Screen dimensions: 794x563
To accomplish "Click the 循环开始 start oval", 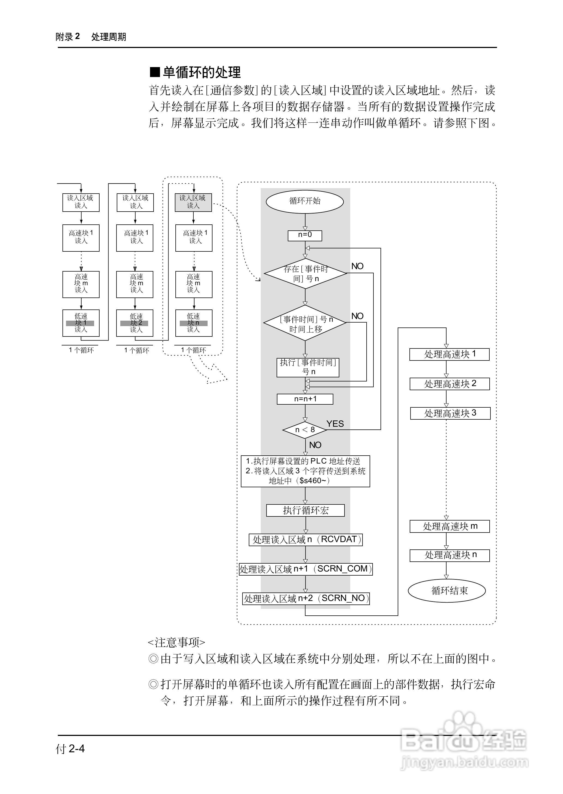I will tap(304, 201).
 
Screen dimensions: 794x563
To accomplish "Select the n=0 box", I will tap(305, 235).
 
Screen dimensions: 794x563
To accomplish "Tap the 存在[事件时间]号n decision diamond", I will tap(305, 274).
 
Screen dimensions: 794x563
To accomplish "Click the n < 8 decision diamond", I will tap(305, 430).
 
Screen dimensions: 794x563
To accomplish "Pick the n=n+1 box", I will tap(305, 399).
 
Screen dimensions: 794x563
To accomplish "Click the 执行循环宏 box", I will tap(305, 510).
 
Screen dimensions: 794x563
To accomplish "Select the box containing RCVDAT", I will tap(306, 540).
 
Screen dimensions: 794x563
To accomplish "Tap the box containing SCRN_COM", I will tap(306, 569).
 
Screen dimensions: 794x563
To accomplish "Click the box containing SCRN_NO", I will tap(306, 598).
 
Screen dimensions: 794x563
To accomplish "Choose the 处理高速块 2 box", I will tap(449, 384).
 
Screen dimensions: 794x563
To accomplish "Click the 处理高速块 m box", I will tap(449, 526).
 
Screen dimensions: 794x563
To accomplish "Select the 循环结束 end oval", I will tap(446, 591).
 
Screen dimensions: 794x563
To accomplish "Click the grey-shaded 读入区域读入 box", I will tap(193, 202).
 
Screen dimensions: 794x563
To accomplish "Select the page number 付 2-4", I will tap(70, 749).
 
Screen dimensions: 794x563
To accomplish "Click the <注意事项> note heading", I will tap(176, 642).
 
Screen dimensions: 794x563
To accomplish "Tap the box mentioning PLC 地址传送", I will tap(305, 471).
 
